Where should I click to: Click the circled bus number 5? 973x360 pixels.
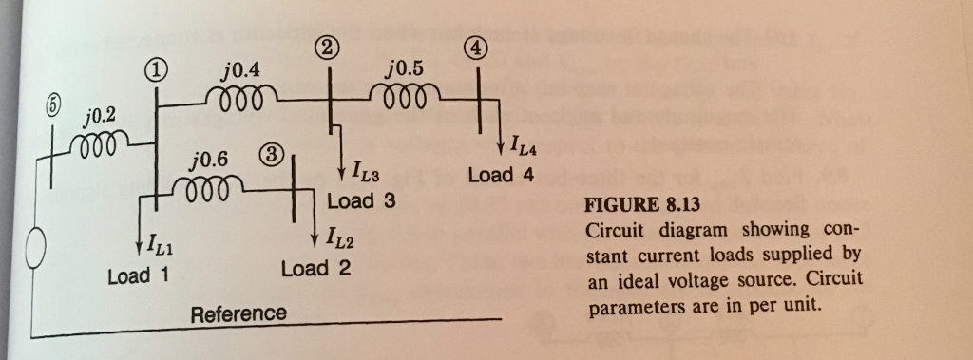point(40,105)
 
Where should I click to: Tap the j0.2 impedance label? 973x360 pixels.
point(98,116)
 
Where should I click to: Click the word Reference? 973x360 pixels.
point(238,313)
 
